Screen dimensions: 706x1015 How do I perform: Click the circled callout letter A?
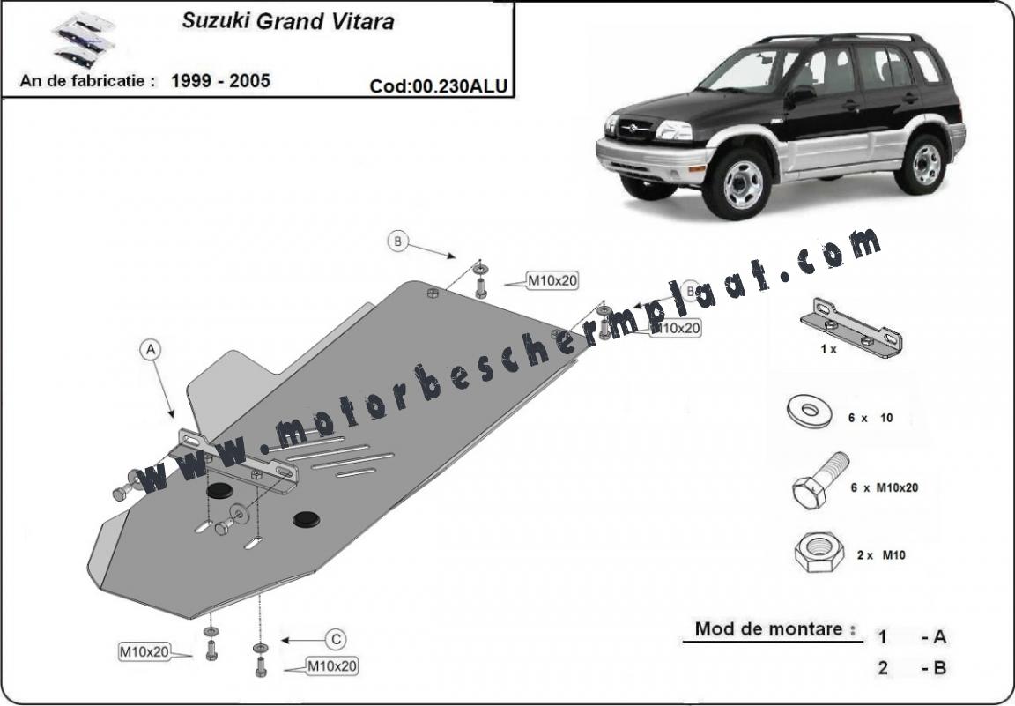point(151,350)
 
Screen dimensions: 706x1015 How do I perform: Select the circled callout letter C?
point(336,639)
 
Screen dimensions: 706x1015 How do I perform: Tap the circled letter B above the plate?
point(398,241)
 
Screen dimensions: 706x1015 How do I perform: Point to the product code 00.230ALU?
point(440,86)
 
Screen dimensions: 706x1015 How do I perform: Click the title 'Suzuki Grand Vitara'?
point(288,21)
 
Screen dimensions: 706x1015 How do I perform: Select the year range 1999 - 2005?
point(220,81)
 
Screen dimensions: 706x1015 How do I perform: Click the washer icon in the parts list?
point(807,412)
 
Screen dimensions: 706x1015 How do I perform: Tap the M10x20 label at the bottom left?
point(144,652)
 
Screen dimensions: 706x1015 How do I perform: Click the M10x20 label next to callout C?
point(331,666)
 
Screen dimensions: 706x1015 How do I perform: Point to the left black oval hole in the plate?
point(219,489)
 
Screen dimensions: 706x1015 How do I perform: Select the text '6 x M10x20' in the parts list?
point(885,487)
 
